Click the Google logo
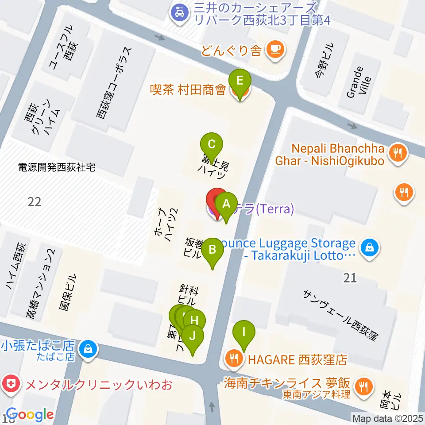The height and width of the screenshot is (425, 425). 30,414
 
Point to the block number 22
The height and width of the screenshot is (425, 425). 34,202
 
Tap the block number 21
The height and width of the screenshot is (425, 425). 350,278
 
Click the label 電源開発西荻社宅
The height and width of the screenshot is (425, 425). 57,168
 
